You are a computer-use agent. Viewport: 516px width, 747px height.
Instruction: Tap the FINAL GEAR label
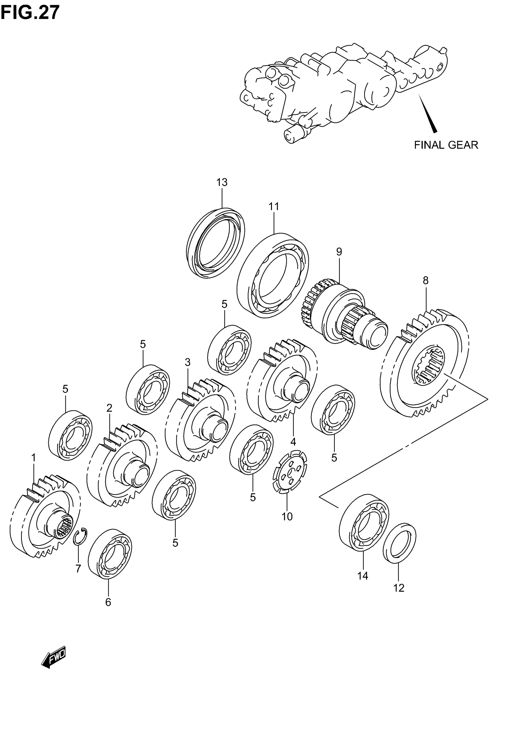coord(446,145)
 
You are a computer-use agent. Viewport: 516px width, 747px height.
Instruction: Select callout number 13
coord(222,183)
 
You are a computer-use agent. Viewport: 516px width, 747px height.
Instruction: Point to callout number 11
coord(273,206)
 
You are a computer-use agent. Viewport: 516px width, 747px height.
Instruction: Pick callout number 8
coord(426,280)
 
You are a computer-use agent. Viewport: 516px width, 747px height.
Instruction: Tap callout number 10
coord(287,517)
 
